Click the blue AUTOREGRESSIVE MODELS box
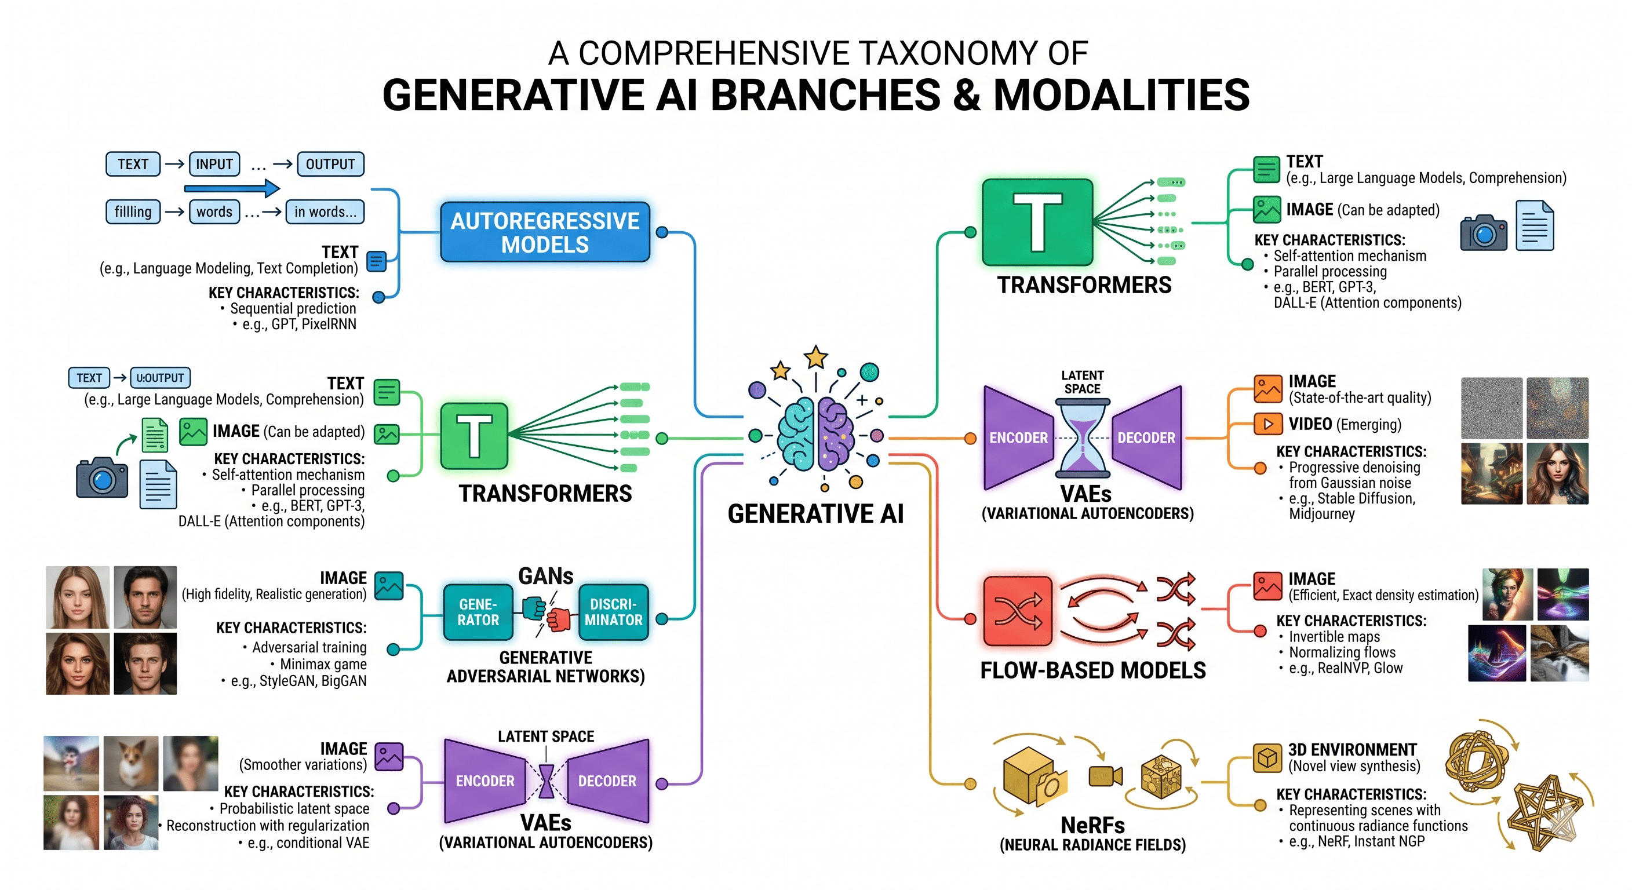(545, 232)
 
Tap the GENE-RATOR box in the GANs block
(478, 612)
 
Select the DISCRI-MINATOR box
(613, 612)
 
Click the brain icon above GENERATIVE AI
(816, 433)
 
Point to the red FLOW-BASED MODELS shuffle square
(1018, 611)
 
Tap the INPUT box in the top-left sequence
(214, 164)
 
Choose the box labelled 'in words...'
(325, 211)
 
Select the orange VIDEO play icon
(1267, 424)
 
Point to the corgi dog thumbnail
(131, 763)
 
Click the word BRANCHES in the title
(825, 95)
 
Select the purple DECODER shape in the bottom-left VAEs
(607, 780)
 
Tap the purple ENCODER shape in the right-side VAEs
(1019, 437)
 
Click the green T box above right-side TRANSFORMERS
(1037, 222)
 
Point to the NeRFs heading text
(1093, 825)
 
